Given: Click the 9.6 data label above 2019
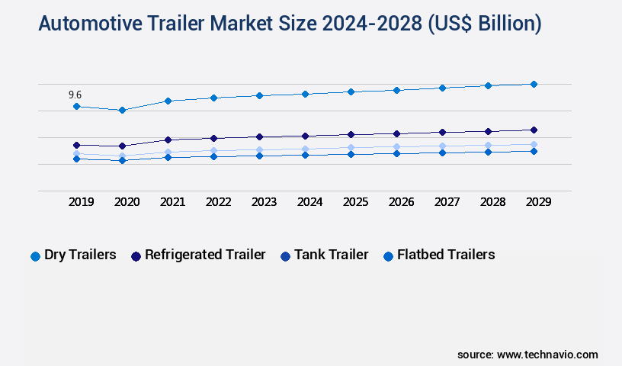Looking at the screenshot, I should tap(75, 95).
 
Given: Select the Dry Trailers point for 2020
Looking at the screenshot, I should tap(122, 110).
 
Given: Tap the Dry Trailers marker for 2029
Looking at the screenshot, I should tap(534, 84).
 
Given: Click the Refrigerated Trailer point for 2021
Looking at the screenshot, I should tap(168, 140).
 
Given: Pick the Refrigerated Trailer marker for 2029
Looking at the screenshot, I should tap(534, 130).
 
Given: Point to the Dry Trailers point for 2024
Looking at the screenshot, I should tap(305, 94).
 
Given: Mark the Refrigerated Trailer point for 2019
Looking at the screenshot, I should tap(76, 145).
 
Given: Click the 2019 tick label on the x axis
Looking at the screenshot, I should tap(81, 202).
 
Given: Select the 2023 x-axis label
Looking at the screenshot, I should tap(264, 202).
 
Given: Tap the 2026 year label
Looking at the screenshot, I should tap(401, 202).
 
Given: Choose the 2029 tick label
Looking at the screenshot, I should tap(538, 202).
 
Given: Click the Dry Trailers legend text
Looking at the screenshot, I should tap(80, 255).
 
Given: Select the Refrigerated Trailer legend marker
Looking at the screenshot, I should tap(136, 256).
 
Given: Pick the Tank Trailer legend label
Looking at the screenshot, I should tap(331, 255).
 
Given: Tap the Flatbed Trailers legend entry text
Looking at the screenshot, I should tap(446, 255).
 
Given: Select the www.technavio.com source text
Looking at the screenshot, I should tap(547, 355).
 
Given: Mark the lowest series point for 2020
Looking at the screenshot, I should tap(122, 160).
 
